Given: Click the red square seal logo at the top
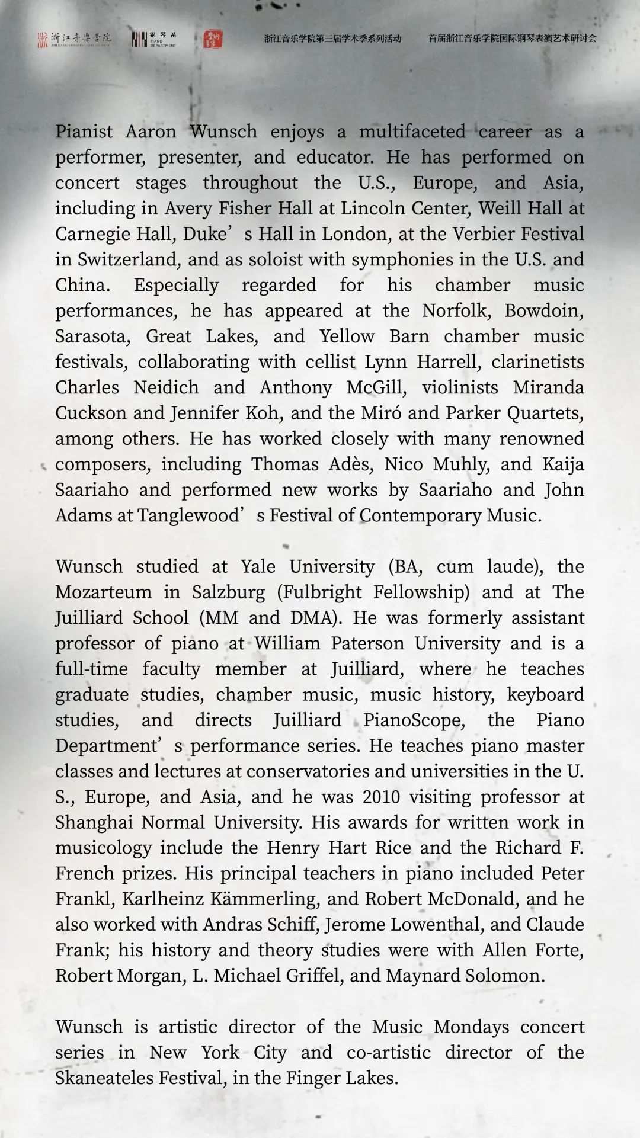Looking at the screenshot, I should click(213, 39).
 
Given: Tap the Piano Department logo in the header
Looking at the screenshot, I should click(154, 39).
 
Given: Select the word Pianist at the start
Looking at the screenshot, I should click(84, 132).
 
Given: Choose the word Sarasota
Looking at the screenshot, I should click(92, 336).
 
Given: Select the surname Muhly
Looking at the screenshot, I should click(461, 464).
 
